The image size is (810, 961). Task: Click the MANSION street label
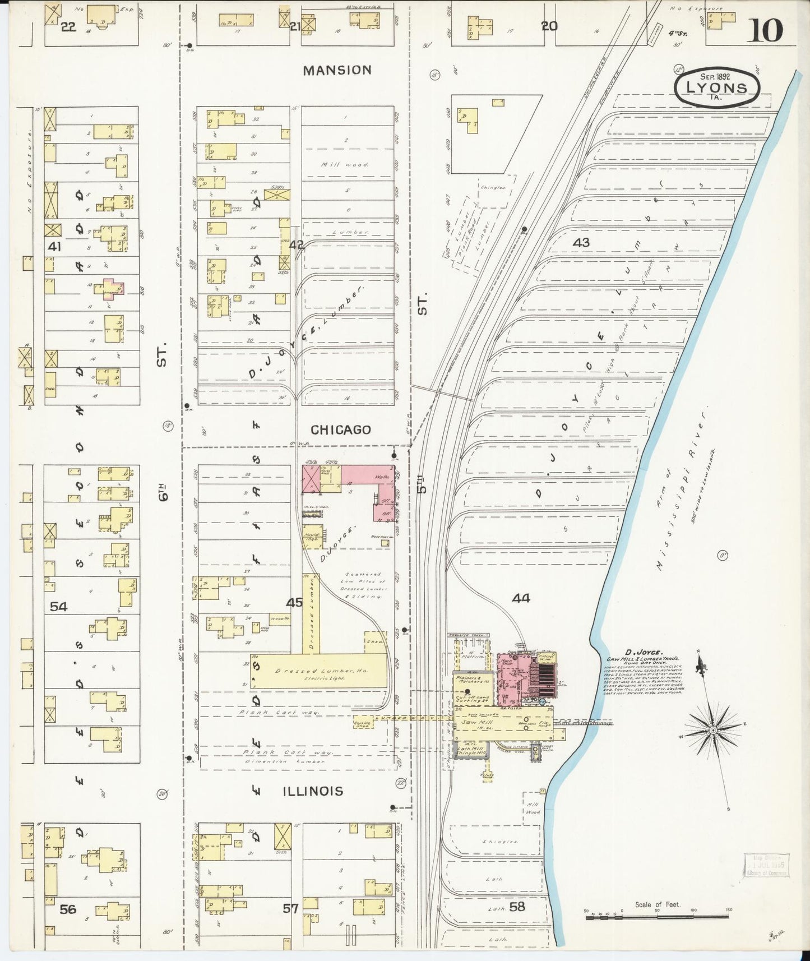click(337, 70)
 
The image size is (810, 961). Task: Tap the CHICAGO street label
click(340, 430)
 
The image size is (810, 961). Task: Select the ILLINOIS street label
click(312, 791)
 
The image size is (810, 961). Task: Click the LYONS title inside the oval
click(718, 88)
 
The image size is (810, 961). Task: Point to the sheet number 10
click(765, 30)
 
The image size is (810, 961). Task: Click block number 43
click(581, 243)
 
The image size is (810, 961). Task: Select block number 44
click(520, 598)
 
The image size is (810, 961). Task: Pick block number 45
click(294, 603)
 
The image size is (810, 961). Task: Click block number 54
click(58, 606)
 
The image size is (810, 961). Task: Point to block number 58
click(517, 907)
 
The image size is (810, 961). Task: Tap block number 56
click(67, 909)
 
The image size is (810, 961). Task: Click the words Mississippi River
click(681, 488)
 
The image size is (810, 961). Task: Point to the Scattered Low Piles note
click(362, 585)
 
